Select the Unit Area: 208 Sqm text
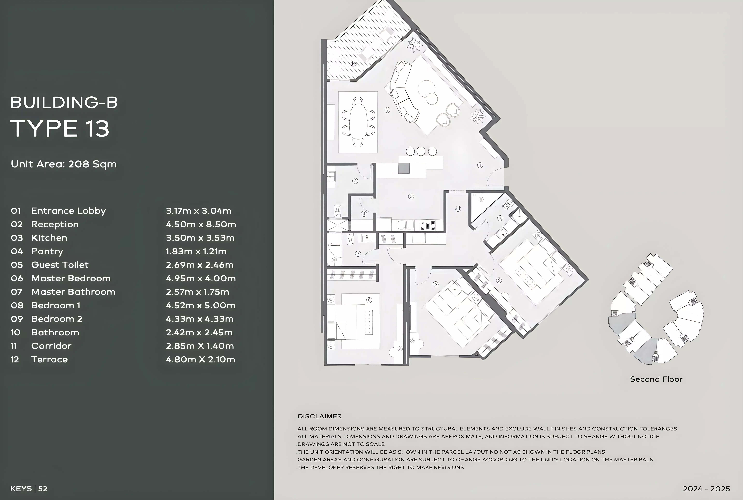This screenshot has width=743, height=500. click(64, 164)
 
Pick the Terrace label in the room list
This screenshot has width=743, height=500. click(50, 359)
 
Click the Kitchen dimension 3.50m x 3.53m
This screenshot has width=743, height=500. click(200, 238)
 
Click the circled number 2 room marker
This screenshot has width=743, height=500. click(387, 110)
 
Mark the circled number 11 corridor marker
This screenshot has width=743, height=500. click(458, 209)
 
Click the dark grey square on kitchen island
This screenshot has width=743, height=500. click(404, 168)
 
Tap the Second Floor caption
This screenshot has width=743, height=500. click(656, 379)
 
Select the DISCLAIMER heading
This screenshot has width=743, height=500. click(319, 416)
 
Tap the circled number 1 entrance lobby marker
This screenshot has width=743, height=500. click(480, 165)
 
